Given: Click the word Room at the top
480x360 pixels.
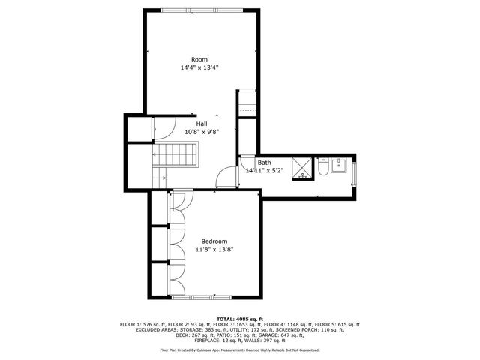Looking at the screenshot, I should click(199, 59).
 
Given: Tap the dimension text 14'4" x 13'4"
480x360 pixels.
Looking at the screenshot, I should click(199, 67).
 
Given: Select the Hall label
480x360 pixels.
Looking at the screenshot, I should click(202, 124).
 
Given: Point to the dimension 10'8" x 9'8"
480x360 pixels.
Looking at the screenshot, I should click(202, 132).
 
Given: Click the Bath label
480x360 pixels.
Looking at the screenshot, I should click(265, 162).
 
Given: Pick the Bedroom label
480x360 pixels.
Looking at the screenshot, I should click(214, 241).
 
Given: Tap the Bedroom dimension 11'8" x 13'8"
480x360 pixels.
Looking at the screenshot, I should click(214, 250).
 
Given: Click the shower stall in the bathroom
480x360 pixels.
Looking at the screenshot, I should click(302, 167).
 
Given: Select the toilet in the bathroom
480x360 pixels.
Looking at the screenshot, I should click(322, 170).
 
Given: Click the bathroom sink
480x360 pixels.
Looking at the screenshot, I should click(337, 166).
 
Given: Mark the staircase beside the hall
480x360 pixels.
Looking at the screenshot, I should click(175, 156).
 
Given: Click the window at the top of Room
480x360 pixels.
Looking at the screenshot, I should click(200, 10).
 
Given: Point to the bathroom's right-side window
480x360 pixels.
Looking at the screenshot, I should click(355, 175).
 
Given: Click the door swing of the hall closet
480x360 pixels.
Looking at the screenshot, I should click(164, 129).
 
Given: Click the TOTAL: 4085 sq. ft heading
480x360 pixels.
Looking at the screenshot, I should click(239, 319).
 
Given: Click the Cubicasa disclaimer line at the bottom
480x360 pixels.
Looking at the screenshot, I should click(239, 349).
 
